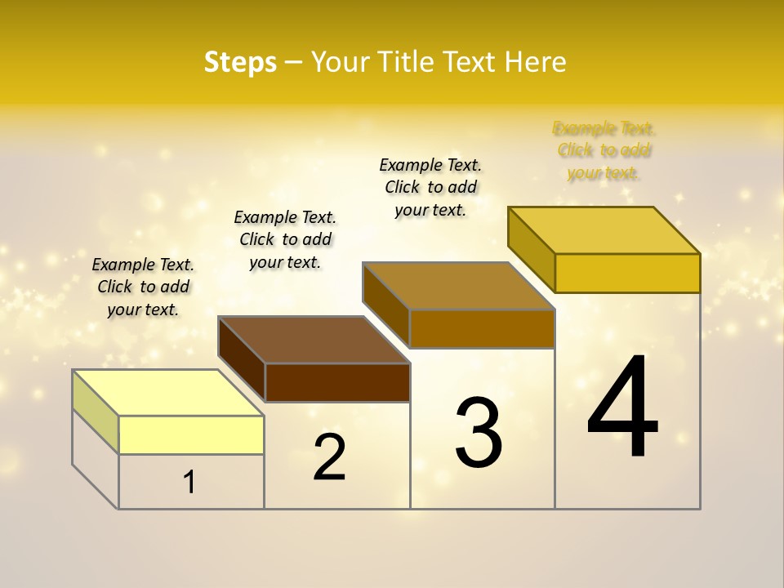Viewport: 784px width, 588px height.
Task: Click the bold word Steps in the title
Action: click(x=240, y=62)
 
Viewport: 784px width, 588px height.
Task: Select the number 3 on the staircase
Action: click(x=479, y=432)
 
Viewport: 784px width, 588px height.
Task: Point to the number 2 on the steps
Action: click(x=330, y=457)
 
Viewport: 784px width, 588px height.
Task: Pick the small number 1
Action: click(x=189, y=482)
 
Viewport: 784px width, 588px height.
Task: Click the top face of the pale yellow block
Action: click(x=167, y=393)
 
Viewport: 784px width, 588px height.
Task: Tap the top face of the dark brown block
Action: click(x=313, y=340)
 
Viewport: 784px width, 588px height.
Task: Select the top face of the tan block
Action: click(x=457, y=286)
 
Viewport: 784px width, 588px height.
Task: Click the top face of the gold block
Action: click(x=603, y=230)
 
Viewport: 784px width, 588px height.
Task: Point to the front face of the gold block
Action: click(x=627, y=273)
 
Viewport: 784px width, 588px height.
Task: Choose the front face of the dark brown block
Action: click(x=337, y=382)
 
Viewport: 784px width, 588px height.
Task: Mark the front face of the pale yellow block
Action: click(x=191, y=434)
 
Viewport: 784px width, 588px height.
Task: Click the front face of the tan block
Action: click(x=482, y=328)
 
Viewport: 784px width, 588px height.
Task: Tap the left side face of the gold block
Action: click(x=531, y=249)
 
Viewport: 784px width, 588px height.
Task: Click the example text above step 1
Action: click(x=143, y=287)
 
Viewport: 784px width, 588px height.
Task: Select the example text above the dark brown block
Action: click(x=285, y=239)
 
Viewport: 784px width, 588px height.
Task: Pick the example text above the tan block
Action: click(x=430, y=187)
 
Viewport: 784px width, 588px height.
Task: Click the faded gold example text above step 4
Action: click(x=604, y=150)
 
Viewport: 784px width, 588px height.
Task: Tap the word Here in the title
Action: click(x=536, y=62)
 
